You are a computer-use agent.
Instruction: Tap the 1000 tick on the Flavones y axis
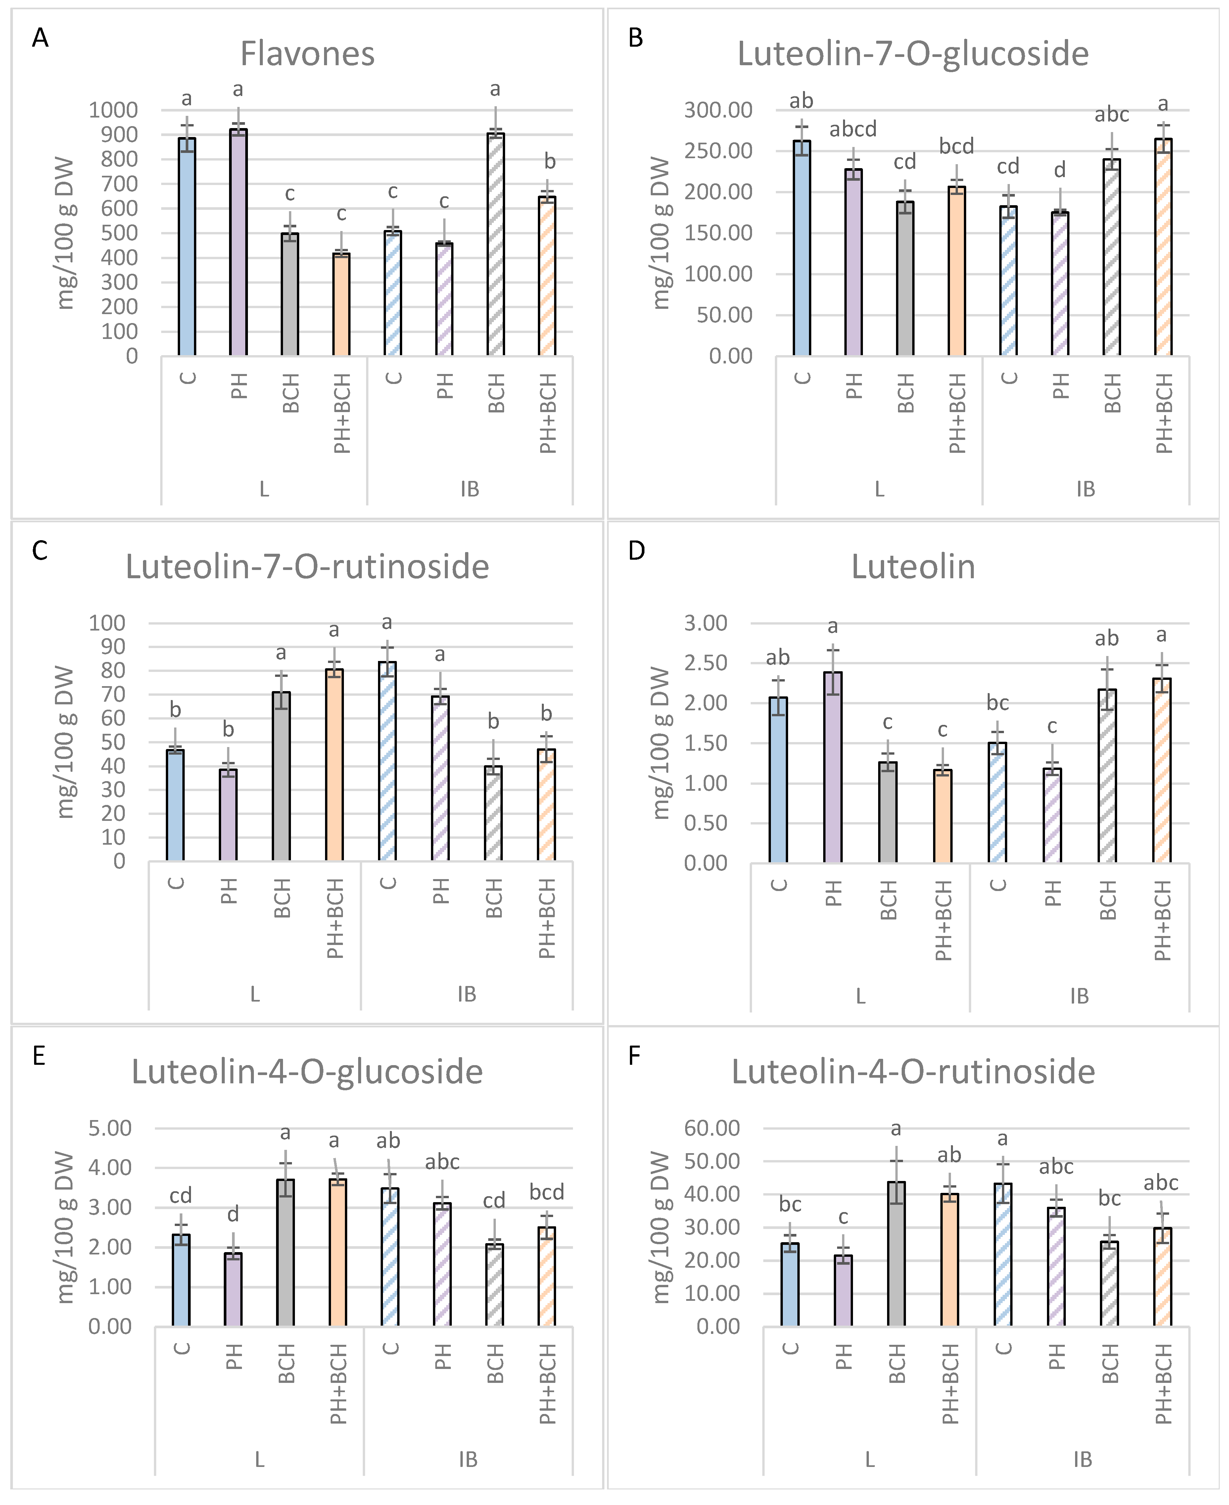point(113,110)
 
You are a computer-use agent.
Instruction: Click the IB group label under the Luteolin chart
point(1079,996)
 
